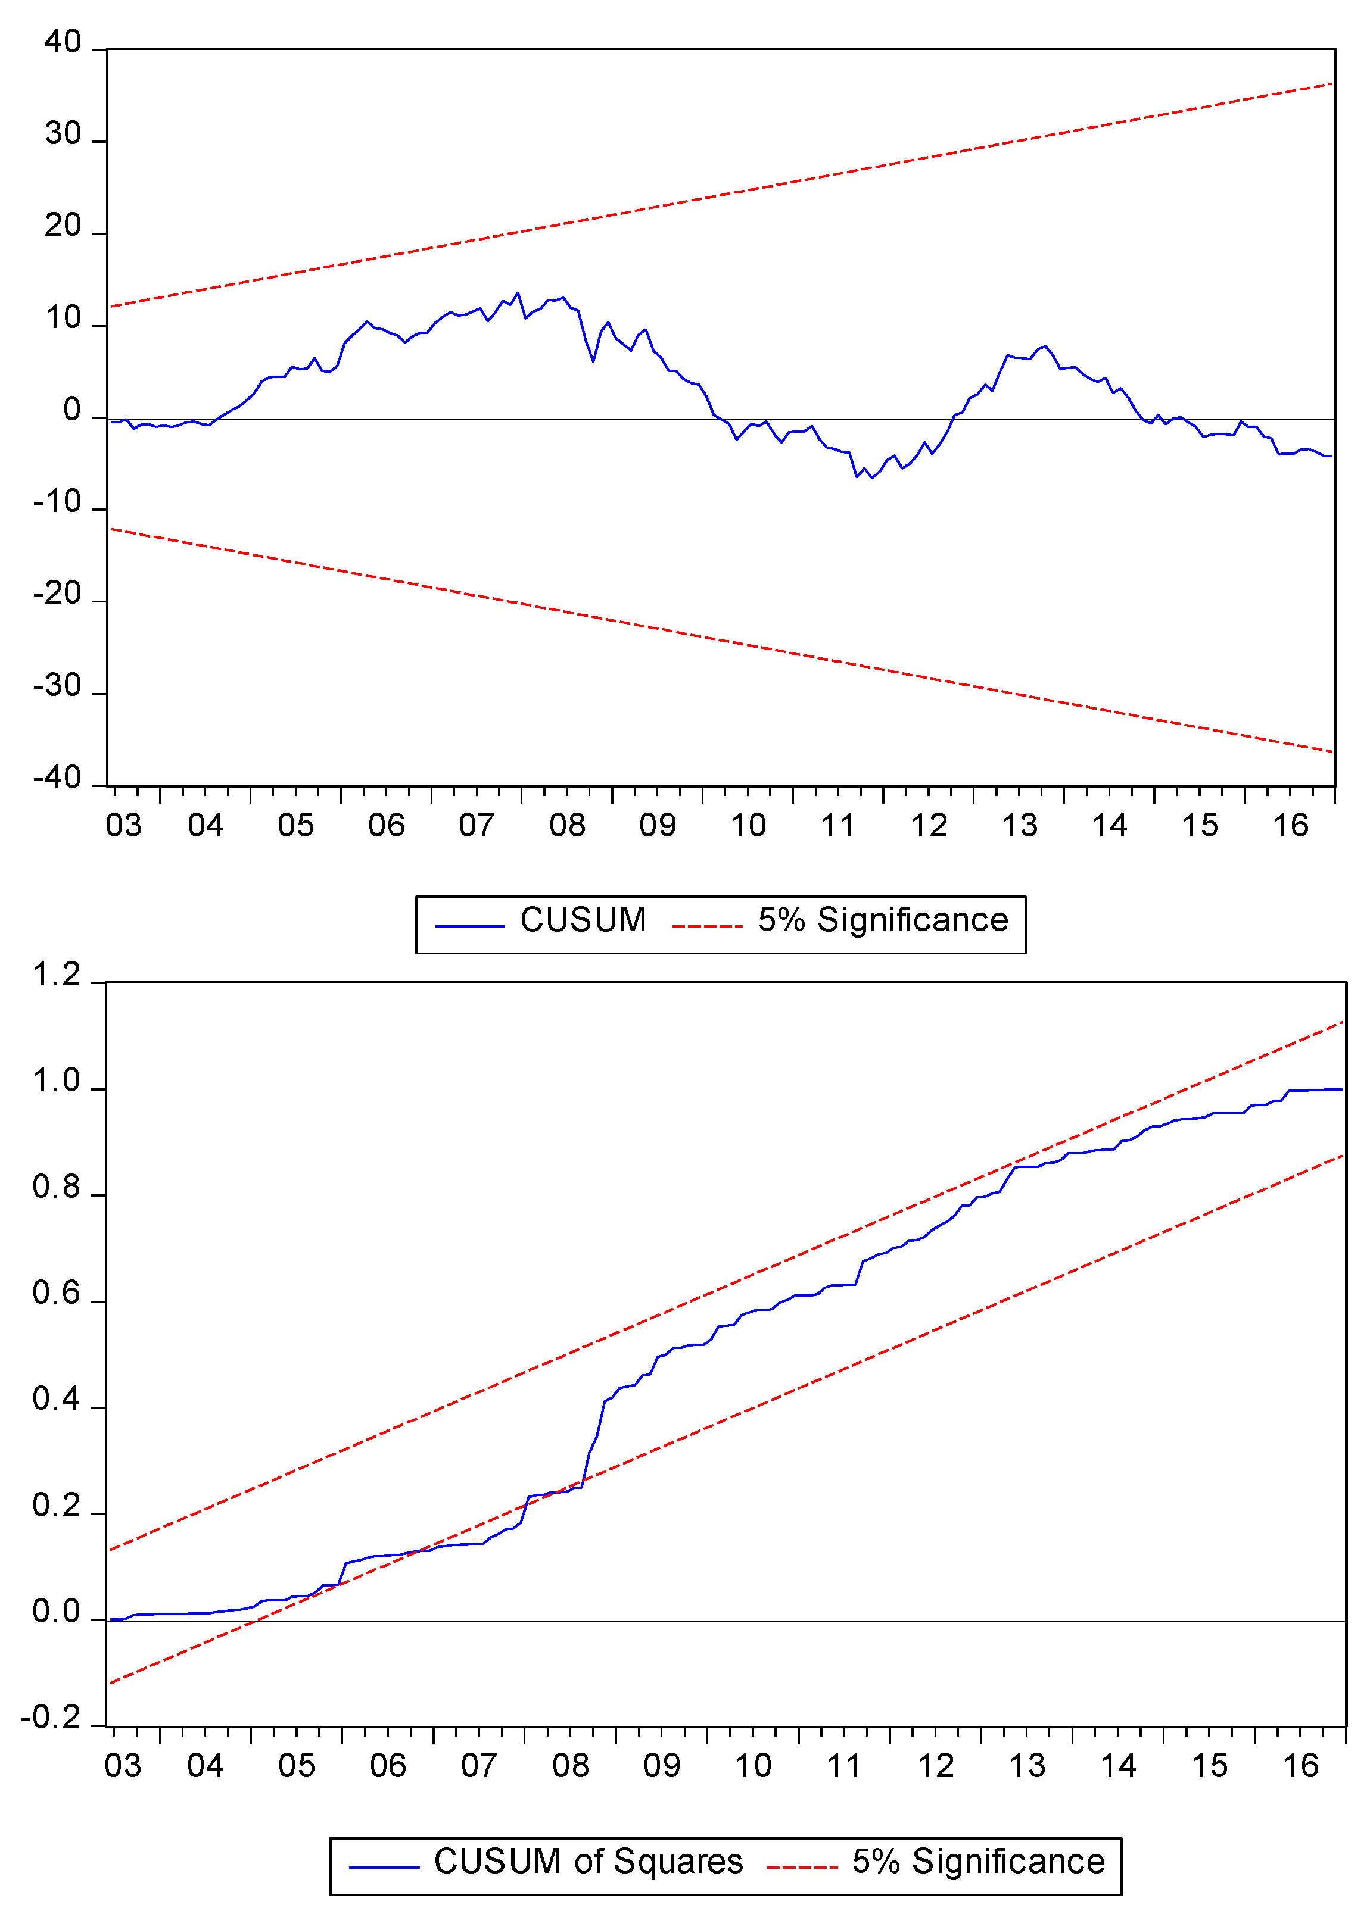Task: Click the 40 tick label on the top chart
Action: pyautogui.click(x=63, y=42)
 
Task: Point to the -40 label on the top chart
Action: pyautogui.click(x=57, y=778)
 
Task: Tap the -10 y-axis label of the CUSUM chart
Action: pyautogui.click(x=57, y=502)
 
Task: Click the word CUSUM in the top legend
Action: pyautogui.click(x=583, y=920)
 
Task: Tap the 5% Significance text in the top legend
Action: pyautogui.click(x=882, y=920)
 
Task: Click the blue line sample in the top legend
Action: pyautogui.click(x=470, y=926)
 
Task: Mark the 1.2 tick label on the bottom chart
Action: pyautogui.click(x=57, y=976)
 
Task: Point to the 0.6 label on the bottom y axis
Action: pyautogui.click(x=57, y=1294)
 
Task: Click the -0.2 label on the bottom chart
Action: pyautogui.click(x=51, y=1718)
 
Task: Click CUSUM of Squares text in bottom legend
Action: pyautogui.click(x=588, y=1862)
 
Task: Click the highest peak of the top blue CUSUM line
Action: pyautogui.click(x=518, y=292)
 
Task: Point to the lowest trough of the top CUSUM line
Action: pyautogui.click(x=871, y=478)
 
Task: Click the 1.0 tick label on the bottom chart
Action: pyautogui.click(x=57, y=1082)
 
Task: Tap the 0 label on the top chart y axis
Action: pyautogui.click(x=73, y=411)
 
